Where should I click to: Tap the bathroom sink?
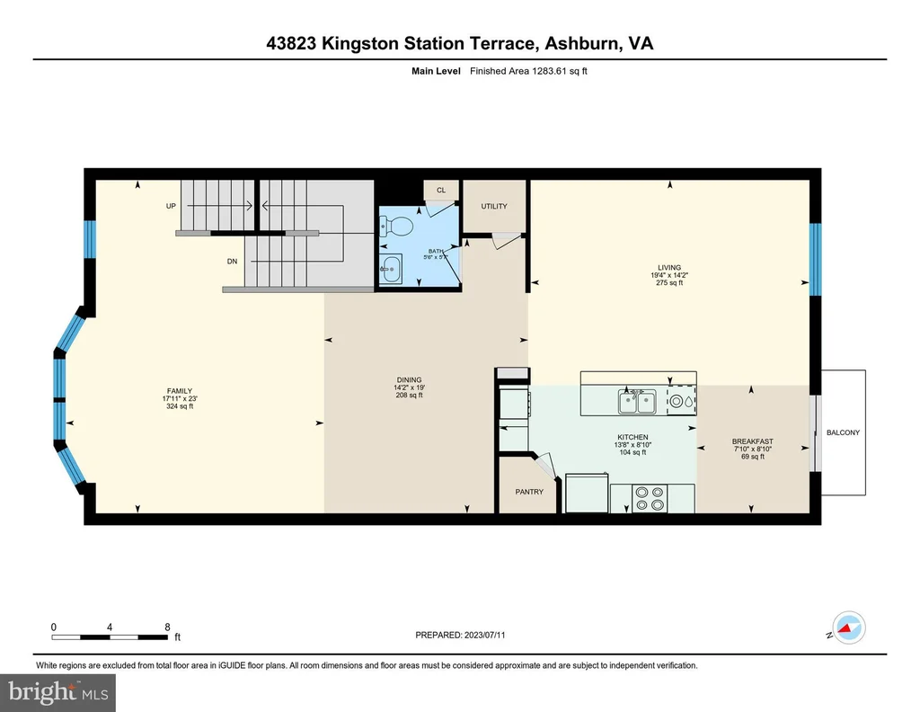(x=391, y=270)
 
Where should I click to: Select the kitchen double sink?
(x=637, y=403)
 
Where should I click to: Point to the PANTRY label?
(x=529, y=492)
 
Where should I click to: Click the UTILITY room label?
(x=494, y=206)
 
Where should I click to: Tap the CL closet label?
(x=441, y=191)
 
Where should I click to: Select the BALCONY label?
(x=843, y=432)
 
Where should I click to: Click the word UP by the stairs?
(x=171, y=206)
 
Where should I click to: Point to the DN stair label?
(x=233, y=262)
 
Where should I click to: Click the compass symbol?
(x=848, y=627)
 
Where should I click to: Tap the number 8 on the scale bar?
(x=167, y=627)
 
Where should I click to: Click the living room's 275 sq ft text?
(x=669, y=283)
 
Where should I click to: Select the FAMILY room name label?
(x=180, y=391)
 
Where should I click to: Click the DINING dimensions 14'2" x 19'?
(x=409, y=387)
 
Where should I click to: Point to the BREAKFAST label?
(x=752, y=441)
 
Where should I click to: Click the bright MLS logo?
(x=58, y=692)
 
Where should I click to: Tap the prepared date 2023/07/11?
(x=484, y=635)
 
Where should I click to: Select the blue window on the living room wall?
(x=816, y=259)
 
